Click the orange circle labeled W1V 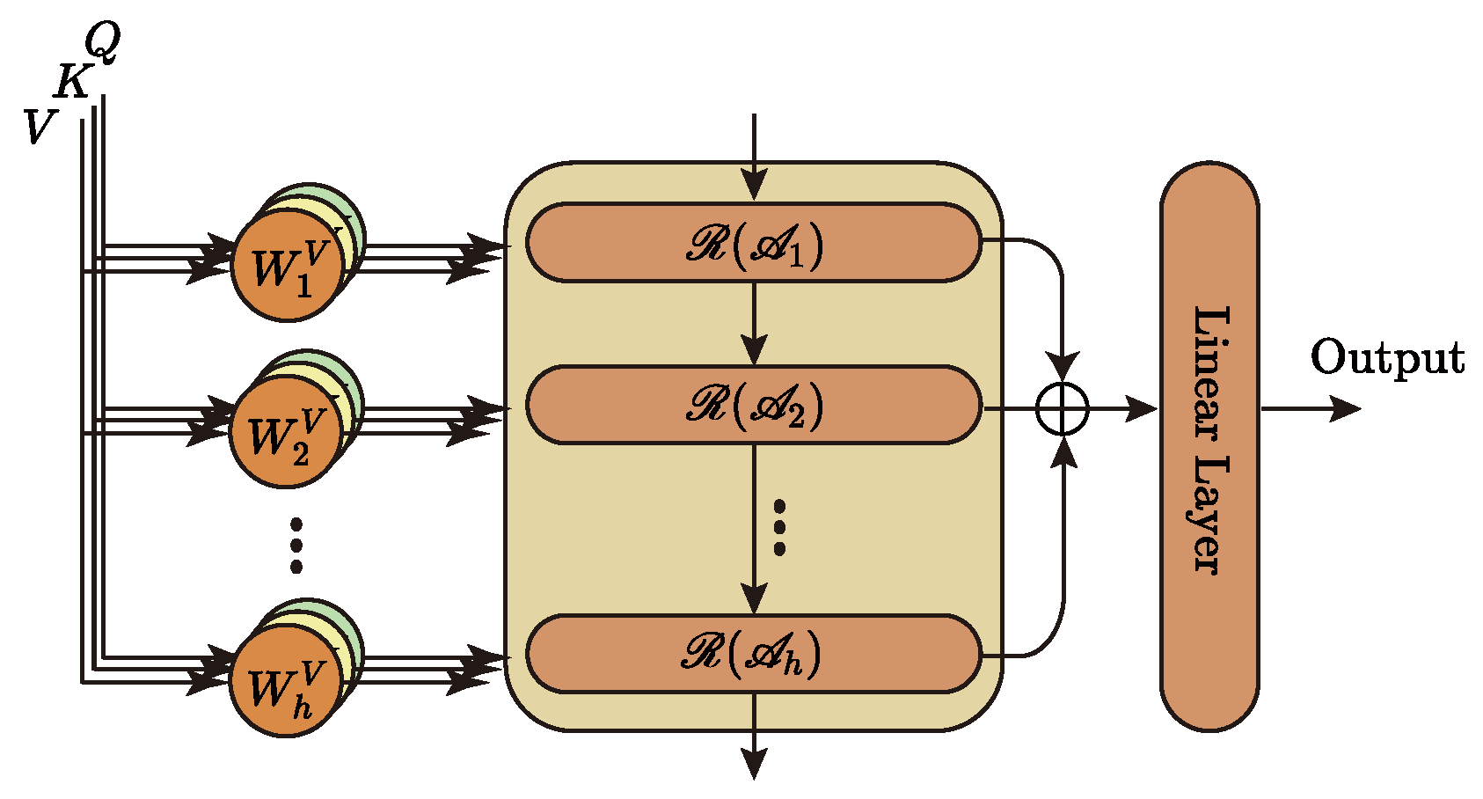click(x=287, y=266)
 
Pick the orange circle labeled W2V click(x=285, y=432)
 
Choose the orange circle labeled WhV click(x=285, y=683)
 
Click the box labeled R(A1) click(x=753, y=243)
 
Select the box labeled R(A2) click(x=753, y=405)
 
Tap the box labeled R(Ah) click(x=753, y=654)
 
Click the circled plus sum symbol click(x=1063, y=408)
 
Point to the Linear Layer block click(x=1209, y=444)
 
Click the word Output click(x=1387, y=358)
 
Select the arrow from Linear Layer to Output click(x=1311, y=408)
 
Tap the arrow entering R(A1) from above click(x=754, y=158)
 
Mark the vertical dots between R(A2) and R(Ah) click(x=779, y=528)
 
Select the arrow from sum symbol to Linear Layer click(x=1121, y=408)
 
